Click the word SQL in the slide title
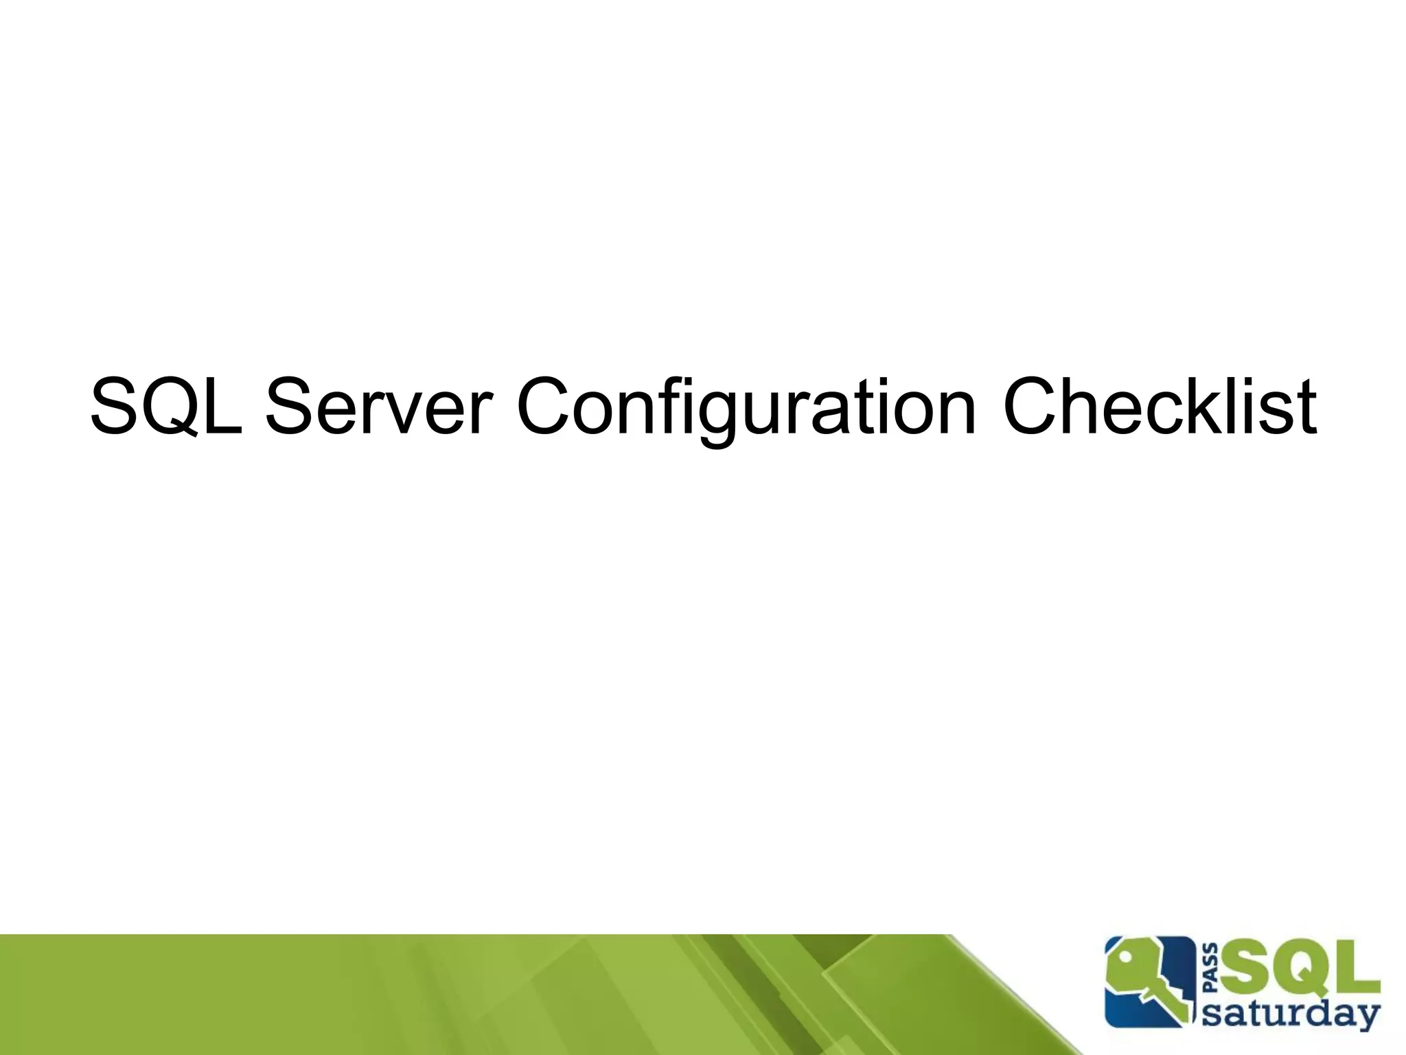166,407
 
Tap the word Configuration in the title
746,407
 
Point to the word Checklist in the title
1160,407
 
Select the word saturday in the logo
1291,1012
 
